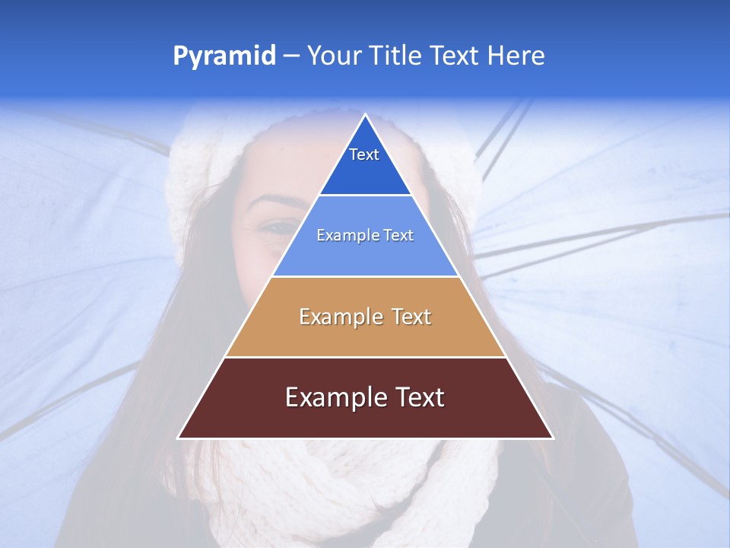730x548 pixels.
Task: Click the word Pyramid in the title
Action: [x=224, y=56]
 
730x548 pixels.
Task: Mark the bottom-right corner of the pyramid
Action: [x=552, y=438]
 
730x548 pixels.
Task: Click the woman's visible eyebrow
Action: [x=276, y=202]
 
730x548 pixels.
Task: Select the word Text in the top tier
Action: [x=364, y=155]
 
